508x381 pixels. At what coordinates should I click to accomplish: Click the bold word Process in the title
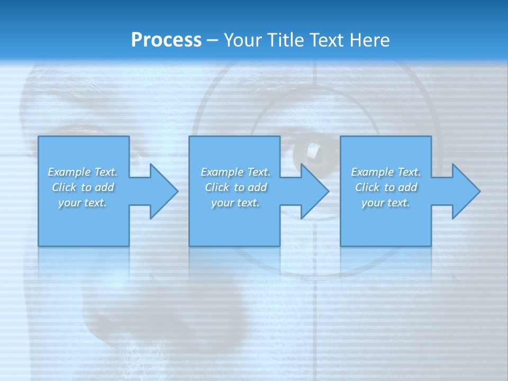click(166, 40)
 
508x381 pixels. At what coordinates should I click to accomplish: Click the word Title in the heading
click(286, 40)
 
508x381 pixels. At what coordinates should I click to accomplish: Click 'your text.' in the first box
click(83, 203)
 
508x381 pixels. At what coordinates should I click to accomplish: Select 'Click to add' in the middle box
click(235, 187)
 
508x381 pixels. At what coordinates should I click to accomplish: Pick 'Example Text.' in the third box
click(386, 172)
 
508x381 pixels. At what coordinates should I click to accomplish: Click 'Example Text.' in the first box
click(83, 172)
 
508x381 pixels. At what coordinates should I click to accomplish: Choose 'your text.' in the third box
click(386, 203)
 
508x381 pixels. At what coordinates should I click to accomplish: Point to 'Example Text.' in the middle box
click(235, 172)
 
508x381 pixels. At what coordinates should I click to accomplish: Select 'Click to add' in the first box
click(83, 187)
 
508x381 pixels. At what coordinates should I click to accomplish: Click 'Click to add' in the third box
click(386, 187)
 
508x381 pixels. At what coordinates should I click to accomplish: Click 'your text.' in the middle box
click(235, 203)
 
